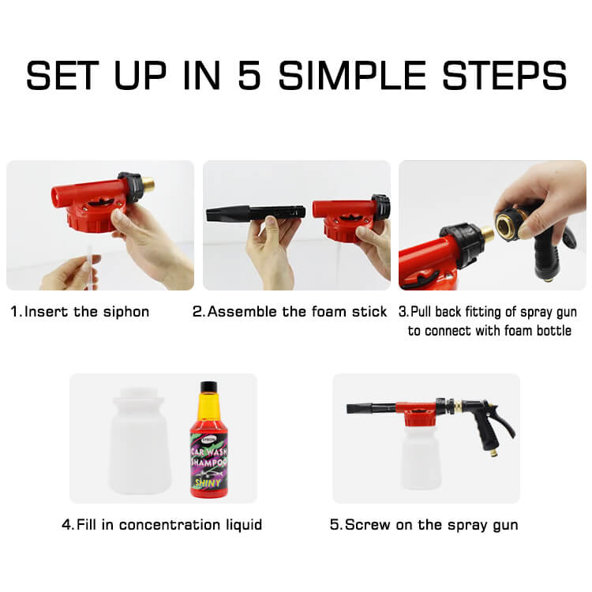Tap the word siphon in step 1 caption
tap(123, 311)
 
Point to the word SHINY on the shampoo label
tap(209, 483)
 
